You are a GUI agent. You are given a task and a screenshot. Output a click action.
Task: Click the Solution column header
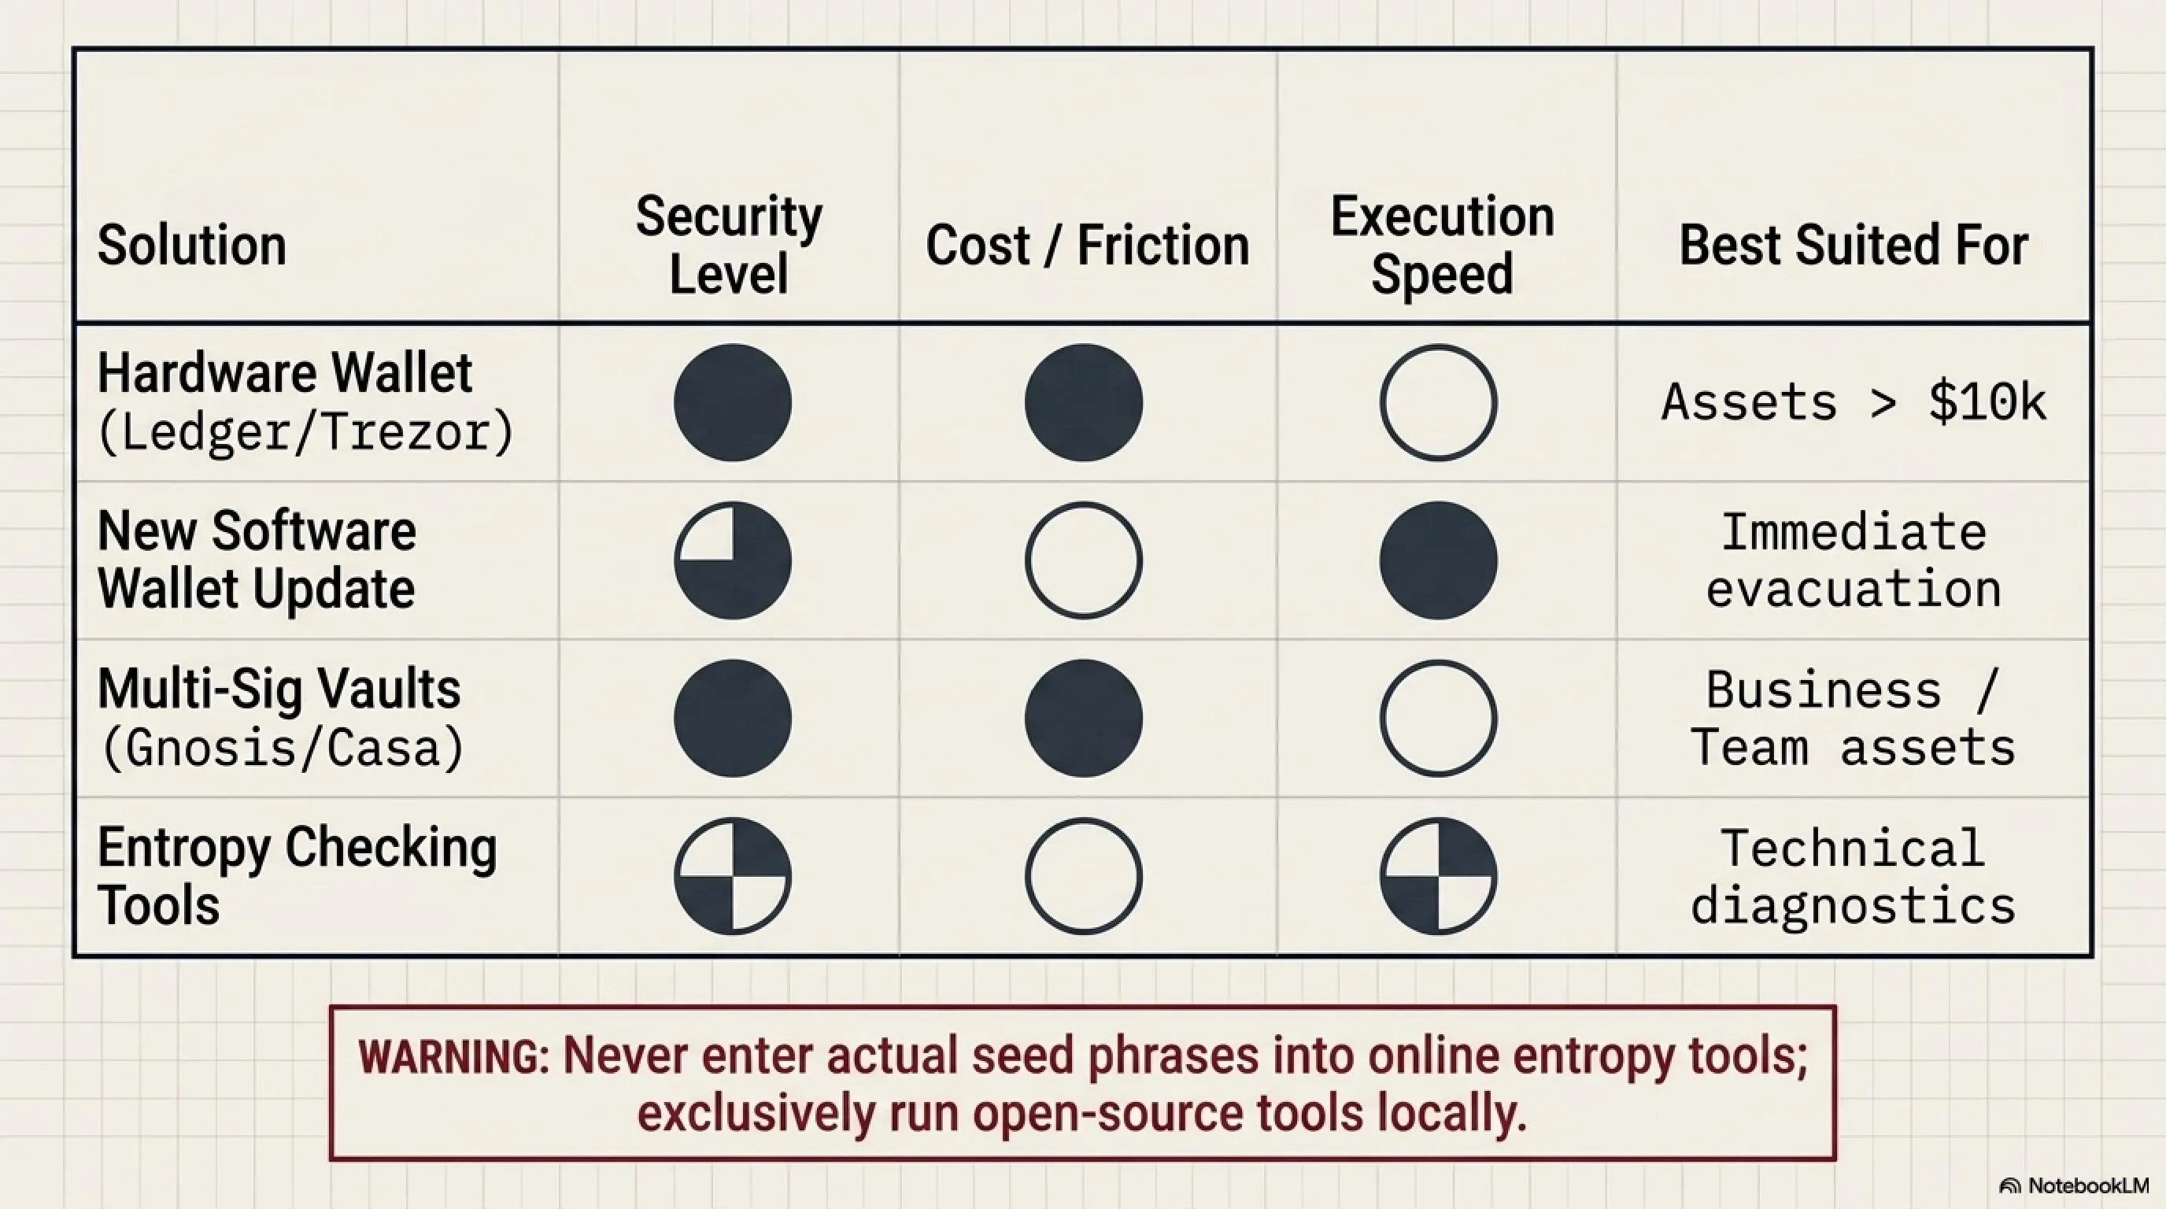[x=192, y=246]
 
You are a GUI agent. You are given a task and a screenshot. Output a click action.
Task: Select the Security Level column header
[x=729, y=245]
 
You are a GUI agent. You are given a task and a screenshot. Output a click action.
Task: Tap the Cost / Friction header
[x=1087, y=246]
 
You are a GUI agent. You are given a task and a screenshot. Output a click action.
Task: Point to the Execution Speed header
[x=1442, y=245]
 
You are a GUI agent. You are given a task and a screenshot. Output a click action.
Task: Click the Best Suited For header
[x=1854, y=246]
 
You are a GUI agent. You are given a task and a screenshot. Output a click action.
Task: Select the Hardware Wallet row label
[x=305, y=403]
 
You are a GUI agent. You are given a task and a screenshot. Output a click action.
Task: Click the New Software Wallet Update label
[x=257, y=560]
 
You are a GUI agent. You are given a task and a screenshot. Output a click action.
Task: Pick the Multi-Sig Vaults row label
[x=281, y=718]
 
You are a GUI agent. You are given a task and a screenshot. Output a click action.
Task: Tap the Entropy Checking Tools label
[x=297, y=875]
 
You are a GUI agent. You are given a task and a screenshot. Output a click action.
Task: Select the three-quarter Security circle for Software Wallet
[x=733, y=560]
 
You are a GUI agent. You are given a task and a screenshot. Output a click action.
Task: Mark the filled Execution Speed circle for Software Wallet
[x=1438, y=560]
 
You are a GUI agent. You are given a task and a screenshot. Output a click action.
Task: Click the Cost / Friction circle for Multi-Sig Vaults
[x=1084, y=718]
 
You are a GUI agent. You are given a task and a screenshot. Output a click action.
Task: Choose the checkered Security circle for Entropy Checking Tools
[x=733, y=876]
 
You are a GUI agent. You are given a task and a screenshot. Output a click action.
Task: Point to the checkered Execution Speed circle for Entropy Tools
[x=1438, y=876]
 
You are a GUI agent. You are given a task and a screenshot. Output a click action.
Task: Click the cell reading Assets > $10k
[x=1854, y=402]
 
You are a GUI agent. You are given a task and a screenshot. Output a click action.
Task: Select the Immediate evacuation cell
[x=1854, y=560]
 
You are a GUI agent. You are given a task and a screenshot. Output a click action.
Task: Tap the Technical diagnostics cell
[x=1854, y=876]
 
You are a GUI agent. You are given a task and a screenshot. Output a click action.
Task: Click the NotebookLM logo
[x=2073, y=1185]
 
